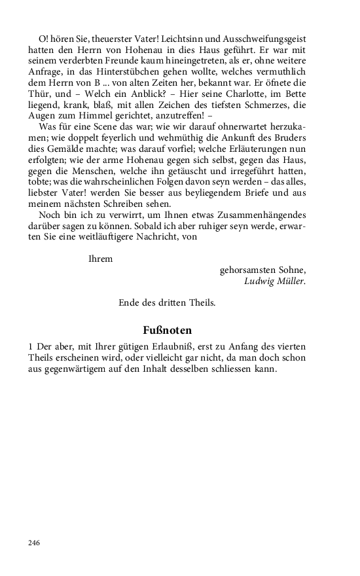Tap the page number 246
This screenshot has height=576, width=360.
34,543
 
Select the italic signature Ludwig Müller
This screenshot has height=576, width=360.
274,281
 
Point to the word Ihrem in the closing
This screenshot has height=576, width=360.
100,259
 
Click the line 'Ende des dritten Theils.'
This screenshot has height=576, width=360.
167,303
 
